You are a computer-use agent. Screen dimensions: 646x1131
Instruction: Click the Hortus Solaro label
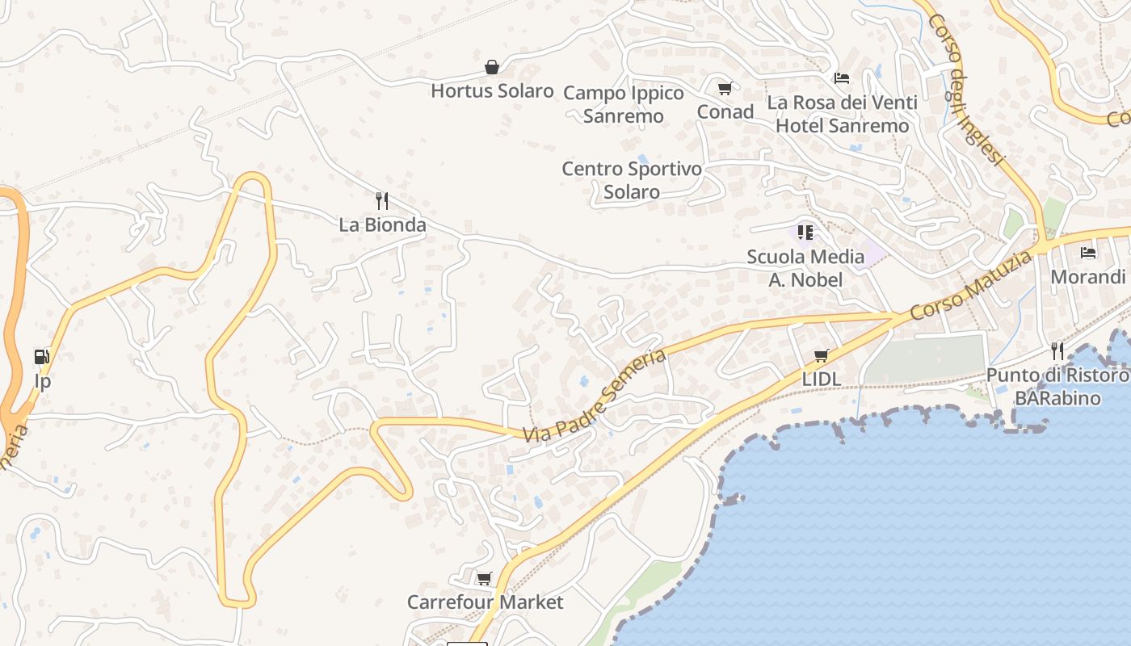492,90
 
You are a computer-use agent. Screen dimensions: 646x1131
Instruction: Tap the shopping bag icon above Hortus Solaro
491,66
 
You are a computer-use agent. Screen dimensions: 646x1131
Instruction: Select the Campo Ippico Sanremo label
624,104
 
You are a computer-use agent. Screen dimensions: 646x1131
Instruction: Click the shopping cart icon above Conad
725,88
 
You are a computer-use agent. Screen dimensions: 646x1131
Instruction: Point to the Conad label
725,111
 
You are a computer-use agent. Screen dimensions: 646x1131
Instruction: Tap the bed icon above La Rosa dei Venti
842,78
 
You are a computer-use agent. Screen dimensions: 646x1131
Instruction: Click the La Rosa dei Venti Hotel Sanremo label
842,114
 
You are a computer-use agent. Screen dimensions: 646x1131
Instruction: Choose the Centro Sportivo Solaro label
632,180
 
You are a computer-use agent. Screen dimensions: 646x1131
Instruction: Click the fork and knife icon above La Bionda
382,200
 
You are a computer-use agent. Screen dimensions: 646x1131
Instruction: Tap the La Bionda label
382,224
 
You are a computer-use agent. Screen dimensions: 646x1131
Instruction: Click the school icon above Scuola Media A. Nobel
805,233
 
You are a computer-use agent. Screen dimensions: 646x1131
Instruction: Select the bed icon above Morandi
1088,253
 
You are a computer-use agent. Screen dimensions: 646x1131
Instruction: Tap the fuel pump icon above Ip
41,356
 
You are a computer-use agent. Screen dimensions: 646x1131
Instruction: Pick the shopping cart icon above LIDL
822,355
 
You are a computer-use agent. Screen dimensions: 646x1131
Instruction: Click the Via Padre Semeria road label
595,396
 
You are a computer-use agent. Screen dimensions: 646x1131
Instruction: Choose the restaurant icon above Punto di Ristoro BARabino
1057,350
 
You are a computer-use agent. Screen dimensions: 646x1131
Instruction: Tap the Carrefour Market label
485,602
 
